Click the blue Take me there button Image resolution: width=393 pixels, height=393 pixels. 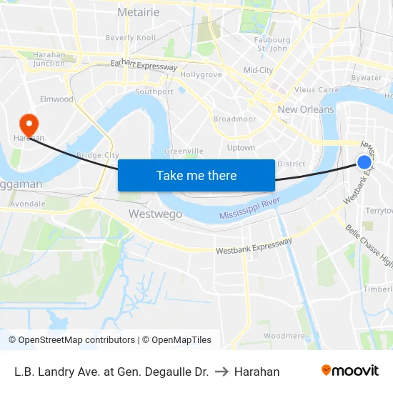196,175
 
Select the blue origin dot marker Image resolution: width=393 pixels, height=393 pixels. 364,162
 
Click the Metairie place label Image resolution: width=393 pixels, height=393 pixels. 138,12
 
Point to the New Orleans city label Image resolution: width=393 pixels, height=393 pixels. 306,109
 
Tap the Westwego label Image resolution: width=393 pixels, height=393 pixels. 155,214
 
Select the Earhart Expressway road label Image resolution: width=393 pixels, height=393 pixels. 144,66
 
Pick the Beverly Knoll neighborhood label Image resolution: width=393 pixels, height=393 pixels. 130,37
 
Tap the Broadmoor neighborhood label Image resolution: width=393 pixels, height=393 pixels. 234,119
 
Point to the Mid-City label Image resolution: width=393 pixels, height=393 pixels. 258,70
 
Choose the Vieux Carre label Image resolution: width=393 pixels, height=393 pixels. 317,90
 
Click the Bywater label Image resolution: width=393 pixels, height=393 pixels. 367,77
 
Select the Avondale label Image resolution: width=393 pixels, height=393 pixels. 29,204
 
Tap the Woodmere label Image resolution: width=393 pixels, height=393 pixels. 284,335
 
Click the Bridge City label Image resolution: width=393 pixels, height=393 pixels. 97,155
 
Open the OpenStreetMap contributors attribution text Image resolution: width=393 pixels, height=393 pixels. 71,340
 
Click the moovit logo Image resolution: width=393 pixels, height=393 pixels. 350,370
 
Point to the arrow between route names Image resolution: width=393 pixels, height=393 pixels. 222,372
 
